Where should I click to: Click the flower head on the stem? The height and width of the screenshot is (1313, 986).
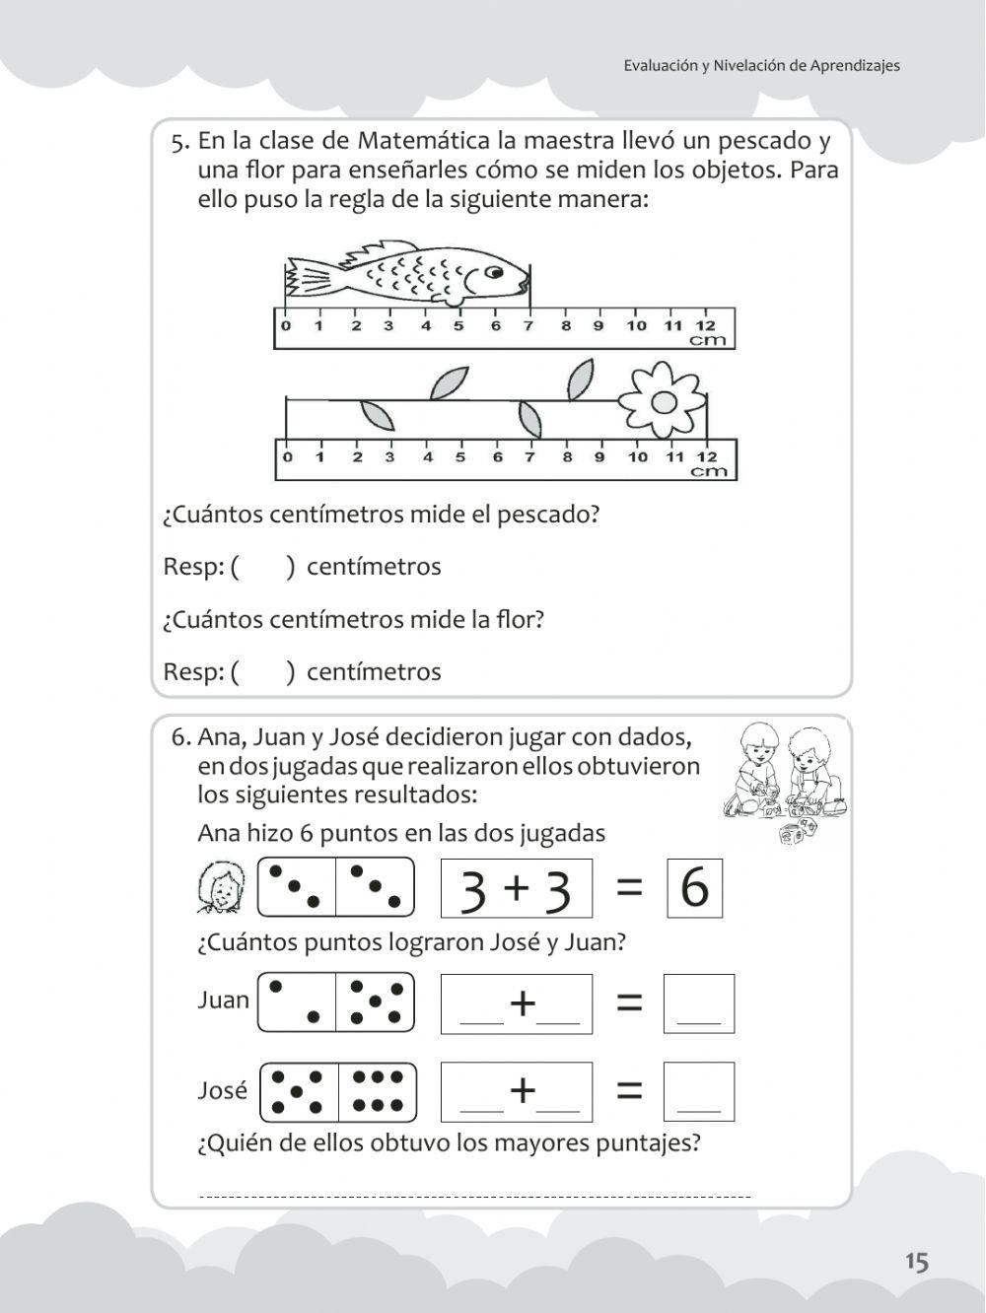(x=663, y=399)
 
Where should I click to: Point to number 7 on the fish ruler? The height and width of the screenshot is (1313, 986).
(x=528, y=326)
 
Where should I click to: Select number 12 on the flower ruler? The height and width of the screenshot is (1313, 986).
(x=706, y=456)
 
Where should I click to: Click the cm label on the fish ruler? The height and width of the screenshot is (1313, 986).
(x=707, y=341)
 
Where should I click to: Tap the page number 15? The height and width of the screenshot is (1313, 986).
(x=916, y=1261)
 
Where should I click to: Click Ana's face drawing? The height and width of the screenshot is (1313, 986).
(x=222, y=887)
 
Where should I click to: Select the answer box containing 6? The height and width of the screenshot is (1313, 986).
(x=694, y=888)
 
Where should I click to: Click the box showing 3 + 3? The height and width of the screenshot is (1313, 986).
(x=516, y=888)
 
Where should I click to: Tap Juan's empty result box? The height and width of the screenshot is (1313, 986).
(x=698, y=1003)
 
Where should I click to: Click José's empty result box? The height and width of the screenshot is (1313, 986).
(x=698, y=1091)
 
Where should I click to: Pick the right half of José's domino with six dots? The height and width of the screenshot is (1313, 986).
(x=377, y=1092)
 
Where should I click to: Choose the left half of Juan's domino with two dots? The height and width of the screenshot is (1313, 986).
(x=296, y=1002)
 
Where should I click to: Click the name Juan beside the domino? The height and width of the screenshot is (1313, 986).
(x=223, y=1001)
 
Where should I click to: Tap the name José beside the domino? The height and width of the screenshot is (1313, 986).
(x=222, y=1090)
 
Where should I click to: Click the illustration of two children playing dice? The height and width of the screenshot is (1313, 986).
(x=784, y=779)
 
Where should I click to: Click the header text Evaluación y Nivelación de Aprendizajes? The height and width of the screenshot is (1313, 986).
(x=761, y=66)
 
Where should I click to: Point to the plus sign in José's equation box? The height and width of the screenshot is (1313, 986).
(x=522, y=1090)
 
